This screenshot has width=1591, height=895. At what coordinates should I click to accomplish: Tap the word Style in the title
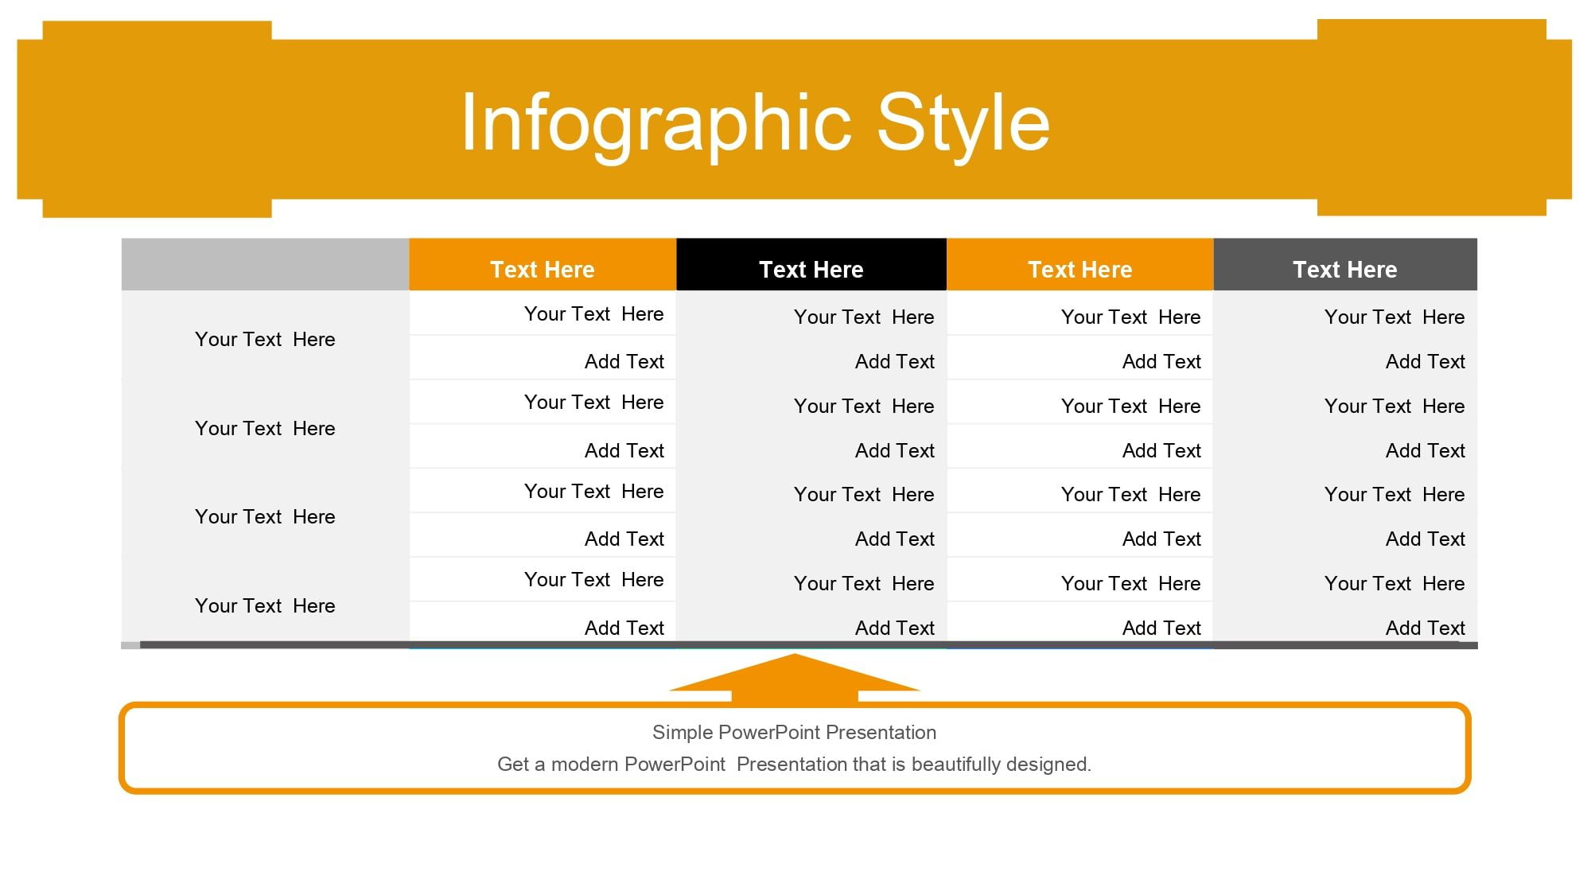click(963, 123)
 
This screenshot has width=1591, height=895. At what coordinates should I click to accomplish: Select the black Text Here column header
click(811, 264)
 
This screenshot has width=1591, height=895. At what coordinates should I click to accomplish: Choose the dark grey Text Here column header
click(1345, 264)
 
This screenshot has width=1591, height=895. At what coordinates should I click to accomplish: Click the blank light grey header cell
click(265, 264)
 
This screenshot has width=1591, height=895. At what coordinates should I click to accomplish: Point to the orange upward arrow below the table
click(795, 679)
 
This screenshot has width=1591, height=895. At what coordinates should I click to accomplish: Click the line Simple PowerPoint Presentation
click(794, 733)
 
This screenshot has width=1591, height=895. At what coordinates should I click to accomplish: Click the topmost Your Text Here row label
click(265, 340)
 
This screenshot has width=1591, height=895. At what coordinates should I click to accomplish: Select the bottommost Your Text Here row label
click(265, 606)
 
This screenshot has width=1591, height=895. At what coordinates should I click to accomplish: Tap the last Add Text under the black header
click(895, 628)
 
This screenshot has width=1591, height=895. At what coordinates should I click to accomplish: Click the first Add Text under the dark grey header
click(1426, 362)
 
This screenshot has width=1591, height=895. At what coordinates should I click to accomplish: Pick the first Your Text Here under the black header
click(864, 317)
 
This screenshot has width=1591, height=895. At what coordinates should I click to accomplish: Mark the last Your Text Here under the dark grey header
click(1395, 584)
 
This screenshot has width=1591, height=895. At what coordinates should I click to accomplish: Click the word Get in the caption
click(513, 765)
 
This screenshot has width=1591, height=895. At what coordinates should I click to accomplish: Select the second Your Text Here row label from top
click(265, 429)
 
